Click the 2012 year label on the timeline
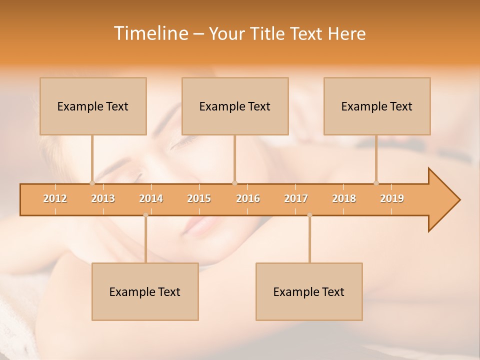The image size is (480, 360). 55,198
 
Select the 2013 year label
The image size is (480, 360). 103,198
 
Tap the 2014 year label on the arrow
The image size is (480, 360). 151,198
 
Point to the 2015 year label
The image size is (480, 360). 199,198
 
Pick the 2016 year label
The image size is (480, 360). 248,198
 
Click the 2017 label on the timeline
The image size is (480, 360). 296,198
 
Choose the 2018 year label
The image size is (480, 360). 344,198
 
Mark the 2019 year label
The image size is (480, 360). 392,198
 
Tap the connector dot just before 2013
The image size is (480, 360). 92,183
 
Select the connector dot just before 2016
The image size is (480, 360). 234,183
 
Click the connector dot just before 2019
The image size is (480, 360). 376,183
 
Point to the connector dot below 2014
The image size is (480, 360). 145,215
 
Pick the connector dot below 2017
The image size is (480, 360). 309,215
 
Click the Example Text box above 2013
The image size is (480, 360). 93,106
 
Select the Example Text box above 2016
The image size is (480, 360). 235,106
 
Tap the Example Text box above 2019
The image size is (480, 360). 377,106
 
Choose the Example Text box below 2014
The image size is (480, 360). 145,291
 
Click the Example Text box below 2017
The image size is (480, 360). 309,291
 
